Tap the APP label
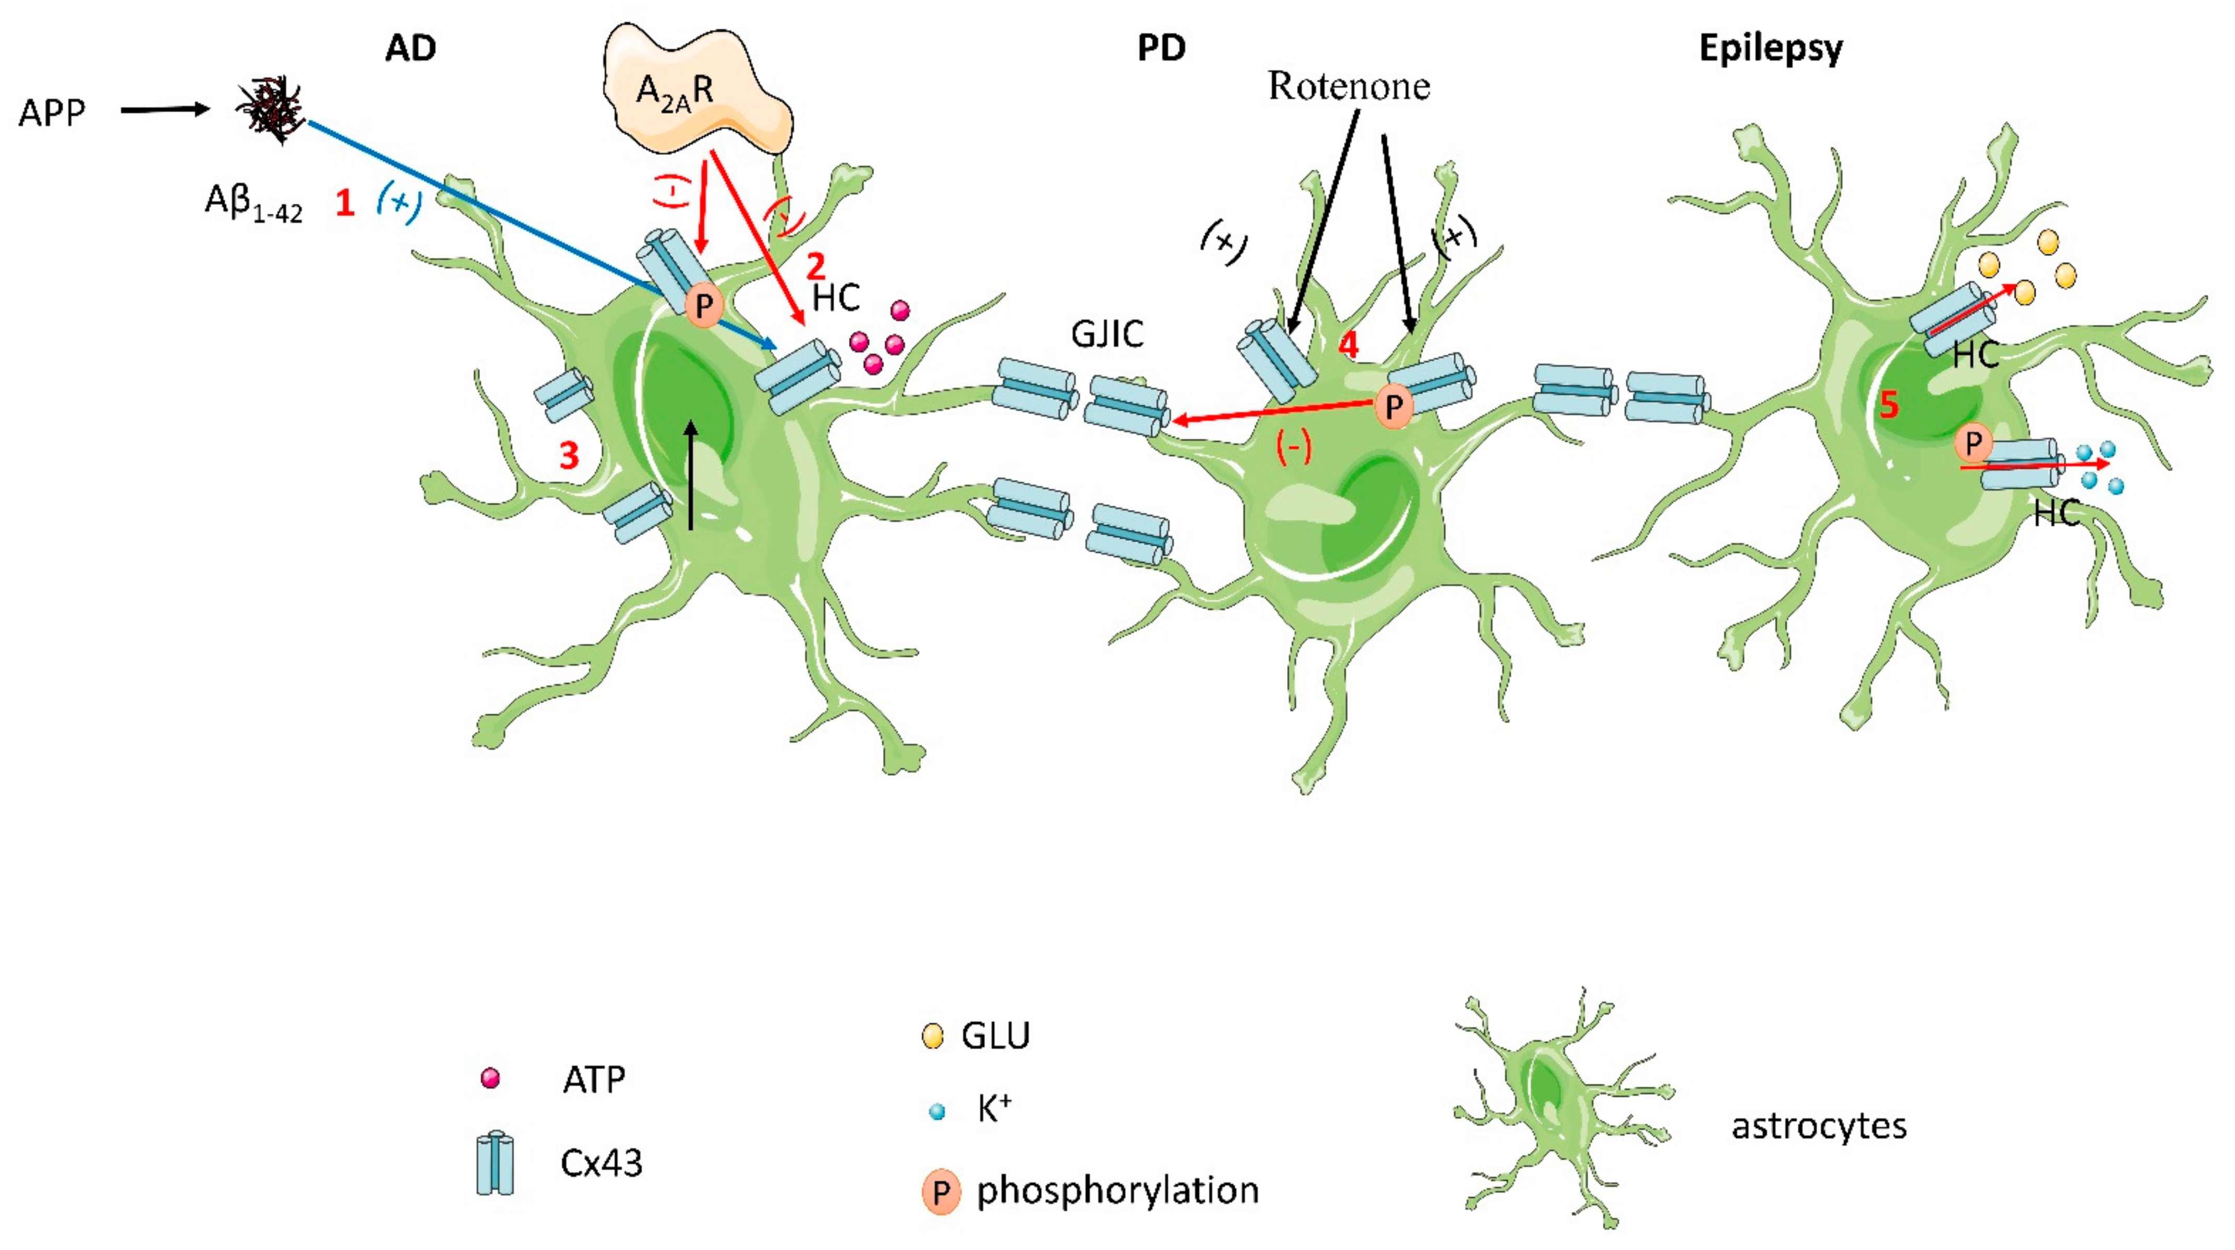pyautogui.click(x=52, y=113)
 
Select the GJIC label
pyautogui.click(x=1107, y=334)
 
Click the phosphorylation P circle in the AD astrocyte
pyautogui.click(x=704, y=306)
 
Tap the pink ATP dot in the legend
pyautogui.click(x=490, y=1078)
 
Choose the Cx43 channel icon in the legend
pyautogui.click(x=496, y=1162)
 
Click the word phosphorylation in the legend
pyautogui.click(x=1117, y=1190)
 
